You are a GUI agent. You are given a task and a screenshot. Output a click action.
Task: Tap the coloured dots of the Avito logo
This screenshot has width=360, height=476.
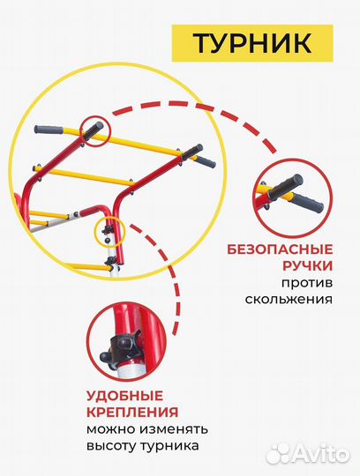click(281, 453)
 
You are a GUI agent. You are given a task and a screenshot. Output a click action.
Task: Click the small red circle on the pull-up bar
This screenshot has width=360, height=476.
click(94, 130)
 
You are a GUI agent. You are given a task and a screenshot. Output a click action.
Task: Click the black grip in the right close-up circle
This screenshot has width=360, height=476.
click(296, 192)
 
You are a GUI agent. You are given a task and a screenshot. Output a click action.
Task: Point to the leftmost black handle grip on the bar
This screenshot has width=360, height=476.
click(49, 130)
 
